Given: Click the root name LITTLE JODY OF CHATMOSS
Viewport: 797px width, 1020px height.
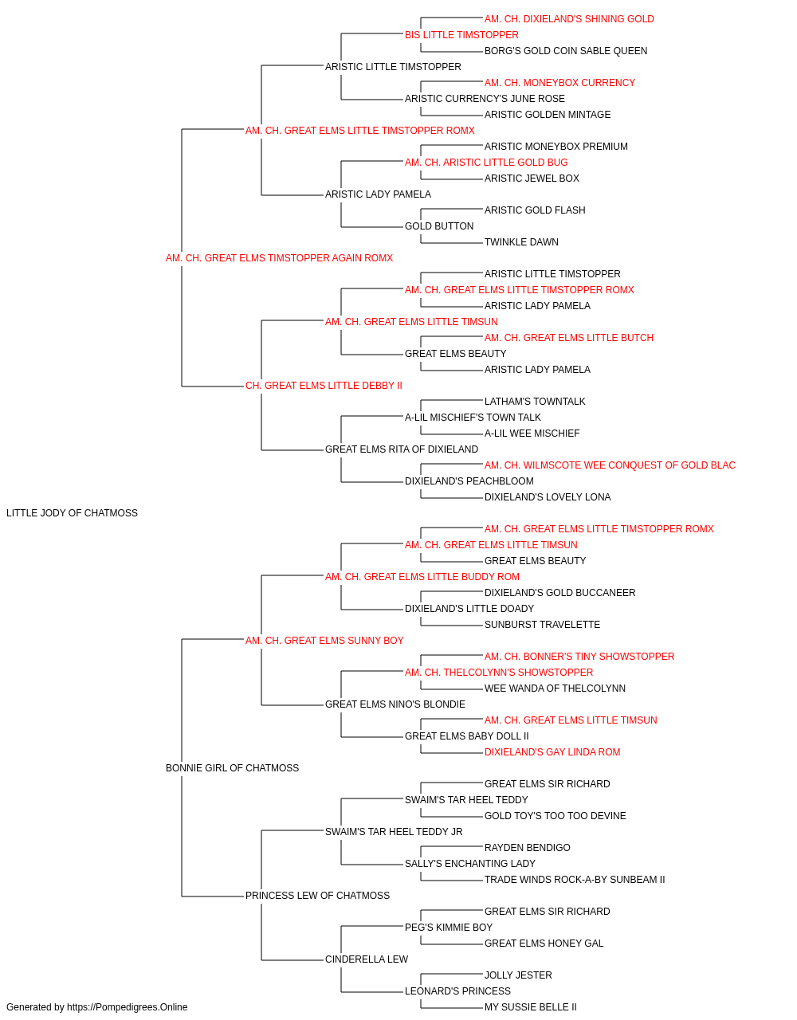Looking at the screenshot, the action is pyautogui.click(x=72, y=513).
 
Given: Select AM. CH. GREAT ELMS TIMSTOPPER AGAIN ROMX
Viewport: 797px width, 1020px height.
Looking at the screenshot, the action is pyautogui.click(x=279, y=258).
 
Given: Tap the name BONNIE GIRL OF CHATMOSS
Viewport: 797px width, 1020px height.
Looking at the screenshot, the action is pyautogui.click(x=233, y=768).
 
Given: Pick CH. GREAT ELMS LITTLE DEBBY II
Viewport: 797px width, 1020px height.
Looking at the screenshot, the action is pyautogui.click(x=324, y=386).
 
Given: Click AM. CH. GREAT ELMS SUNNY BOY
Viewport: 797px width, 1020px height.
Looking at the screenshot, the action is pyautogui.click(x=324, y=641).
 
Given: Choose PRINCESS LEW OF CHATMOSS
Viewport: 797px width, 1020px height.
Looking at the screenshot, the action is pyautogui.click(x=317, y=896).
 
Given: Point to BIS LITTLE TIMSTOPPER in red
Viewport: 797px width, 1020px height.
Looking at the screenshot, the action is pyautogui.click(x=461, y=35).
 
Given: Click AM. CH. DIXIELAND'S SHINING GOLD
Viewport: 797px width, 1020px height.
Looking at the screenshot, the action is pyautogui.click(x=569, y=19).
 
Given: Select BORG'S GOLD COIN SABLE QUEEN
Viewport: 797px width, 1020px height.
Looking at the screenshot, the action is pyautogui.click(x=566, y=51).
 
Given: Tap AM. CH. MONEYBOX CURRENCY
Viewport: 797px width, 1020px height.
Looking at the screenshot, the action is pyautogui.click(x=559, y=83).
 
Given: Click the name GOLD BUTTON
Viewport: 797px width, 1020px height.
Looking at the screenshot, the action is pyautogui.click(x=439, y=226).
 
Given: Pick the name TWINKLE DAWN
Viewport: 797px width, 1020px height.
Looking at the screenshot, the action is pyautogui.click(x=521, y=242).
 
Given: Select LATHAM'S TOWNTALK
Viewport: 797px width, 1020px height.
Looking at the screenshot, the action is pyautogui.click(x=535, y=402).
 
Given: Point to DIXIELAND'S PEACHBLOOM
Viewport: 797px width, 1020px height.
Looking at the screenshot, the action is pyautogui.click(x=469, y=481).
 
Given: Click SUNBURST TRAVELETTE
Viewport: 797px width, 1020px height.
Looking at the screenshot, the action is pyautogui.click(x=542, y=625).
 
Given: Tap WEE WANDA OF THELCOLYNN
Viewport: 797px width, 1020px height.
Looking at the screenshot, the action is pyautogui.click(x=555, y=688).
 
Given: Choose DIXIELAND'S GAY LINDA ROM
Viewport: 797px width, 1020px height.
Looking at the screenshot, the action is pyautogui.click(x=552, y=752).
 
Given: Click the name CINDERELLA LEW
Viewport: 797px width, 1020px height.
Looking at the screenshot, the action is pyautogui.click(x=367, y=959).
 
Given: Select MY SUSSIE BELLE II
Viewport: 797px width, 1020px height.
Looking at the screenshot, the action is pyautogui.click(x=530, y=1007).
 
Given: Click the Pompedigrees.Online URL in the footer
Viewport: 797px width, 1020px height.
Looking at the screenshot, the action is pyautogui.click(x=128, y=1007).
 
